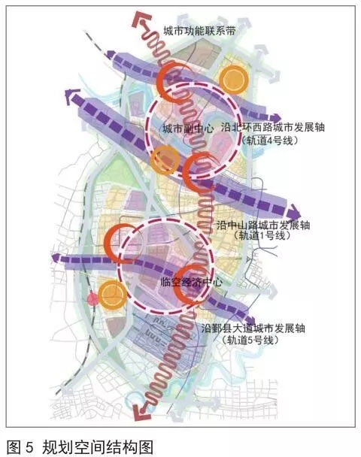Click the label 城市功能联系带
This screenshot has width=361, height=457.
pyautogui.click(x=199, y=31)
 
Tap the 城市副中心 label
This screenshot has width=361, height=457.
pyautogui.click(x=188, y=129)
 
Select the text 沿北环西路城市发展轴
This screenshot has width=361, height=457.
pyautogui.click(x=273, y=127)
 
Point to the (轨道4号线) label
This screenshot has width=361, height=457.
pyautogui.click(x=270, y=141)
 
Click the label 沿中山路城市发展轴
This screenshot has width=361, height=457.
pyautogui.click(x=263, y=225)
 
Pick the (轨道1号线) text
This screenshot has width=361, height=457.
pyautogui.click(x=262, y=235)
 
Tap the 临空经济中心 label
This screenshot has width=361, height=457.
pyautogui.click(x=191, y=282)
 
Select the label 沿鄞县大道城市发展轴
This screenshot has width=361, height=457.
pyautogui.click(x=253, y=328)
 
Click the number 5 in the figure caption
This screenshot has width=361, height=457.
pyautogui.click(x=29, y=447)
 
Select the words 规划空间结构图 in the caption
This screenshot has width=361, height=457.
pyautogui.click(x=98, y=447)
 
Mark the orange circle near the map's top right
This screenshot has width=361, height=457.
pyautogui.click(x=234, y=80)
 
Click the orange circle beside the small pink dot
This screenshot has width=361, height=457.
pyautogui.click(x=113, y=295)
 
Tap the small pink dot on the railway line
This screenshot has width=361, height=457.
pyautogui.click(x=93, y=299)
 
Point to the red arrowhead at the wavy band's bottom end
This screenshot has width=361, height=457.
pyautogui.click(x=141, y=412)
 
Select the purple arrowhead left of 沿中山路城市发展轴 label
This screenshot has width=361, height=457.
pyautogui.click(x=294, y=212)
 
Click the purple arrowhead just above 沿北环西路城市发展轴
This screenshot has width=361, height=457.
pyautogui.click(x=275, y=118)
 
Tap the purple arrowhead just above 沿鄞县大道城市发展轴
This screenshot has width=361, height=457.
pyautogui.click(x=250, y=319)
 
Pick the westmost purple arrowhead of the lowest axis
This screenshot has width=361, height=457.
pyautogui.click(x=56, y=259)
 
